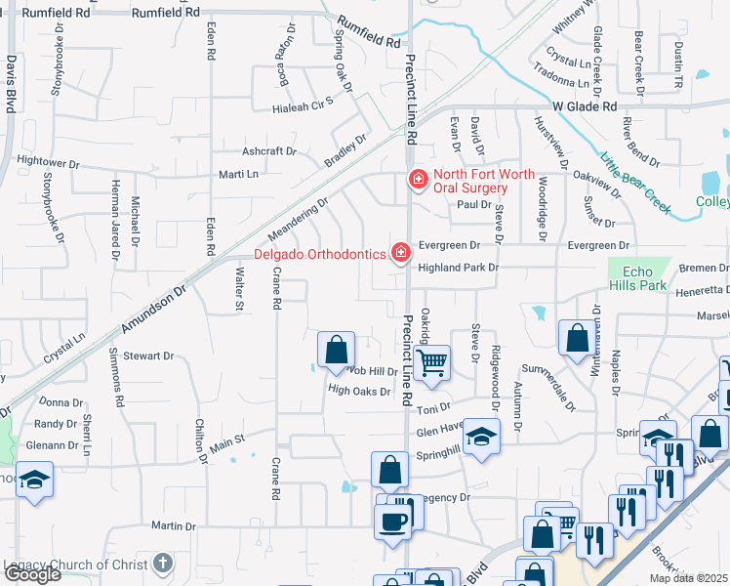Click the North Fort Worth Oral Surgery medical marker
418,180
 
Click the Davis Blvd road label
11,83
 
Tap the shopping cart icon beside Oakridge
430,363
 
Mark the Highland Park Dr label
459,267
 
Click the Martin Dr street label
174,526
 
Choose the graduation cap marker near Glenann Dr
34,481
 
